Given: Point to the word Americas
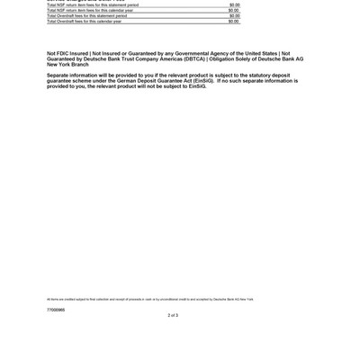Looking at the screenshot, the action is pyautogui.click(x=167, y=58).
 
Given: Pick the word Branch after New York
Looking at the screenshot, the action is pyautogui.click(x=80, y=64).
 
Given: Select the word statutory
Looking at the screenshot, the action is pyautogui.click(x=263, y=76).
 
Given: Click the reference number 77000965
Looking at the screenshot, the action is pyautogui.click(x=56, y=309).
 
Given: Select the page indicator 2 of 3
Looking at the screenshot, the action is pyautogui.click(x=173, y=315).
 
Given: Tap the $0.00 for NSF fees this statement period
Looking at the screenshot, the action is pyautogui.click(x=234, y=4).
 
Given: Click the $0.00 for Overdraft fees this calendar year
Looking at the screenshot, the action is pyautogui.click(x=234, y=21).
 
